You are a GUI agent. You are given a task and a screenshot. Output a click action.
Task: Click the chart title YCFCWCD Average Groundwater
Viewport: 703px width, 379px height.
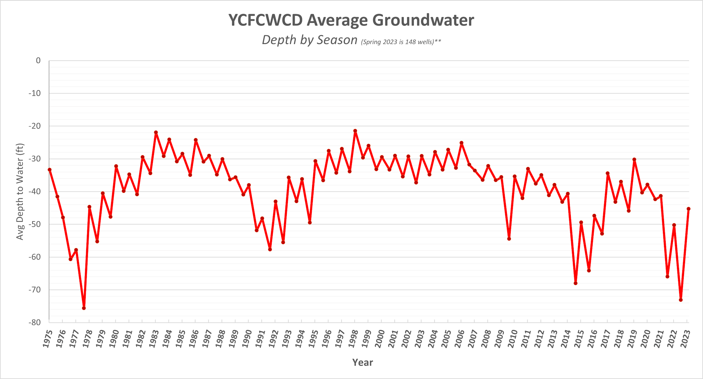351,20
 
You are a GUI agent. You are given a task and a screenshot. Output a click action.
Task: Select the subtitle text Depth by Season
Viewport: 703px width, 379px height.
309,40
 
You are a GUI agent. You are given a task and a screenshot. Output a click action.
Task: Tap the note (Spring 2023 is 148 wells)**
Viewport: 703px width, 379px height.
401,42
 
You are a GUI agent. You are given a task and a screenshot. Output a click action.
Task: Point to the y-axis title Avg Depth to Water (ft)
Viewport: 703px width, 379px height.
20,191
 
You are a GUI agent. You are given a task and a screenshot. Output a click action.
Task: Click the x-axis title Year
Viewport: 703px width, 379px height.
362,362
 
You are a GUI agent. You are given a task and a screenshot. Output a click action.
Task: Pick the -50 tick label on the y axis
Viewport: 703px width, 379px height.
35,224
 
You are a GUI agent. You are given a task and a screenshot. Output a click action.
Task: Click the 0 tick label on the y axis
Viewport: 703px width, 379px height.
38,60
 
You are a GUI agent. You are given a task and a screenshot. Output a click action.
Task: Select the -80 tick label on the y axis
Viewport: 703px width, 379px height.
35,322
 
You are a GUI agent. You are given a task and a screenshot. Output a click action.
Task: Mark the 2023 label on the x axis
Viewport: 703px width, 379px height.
685,339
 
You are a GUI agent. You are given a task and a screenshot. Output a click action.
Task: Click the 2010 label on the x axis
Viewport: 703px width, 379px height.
512,339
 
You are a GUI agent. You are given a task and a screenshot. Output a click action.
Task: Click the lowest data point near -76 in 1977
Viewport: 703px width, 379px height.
84,308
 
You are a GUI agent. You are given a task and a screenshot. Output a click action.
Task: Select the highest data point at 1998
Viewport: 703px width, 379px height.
355,131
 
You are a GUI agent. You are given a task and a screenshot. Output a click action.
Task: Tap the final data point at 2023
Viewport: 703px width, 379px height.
688,209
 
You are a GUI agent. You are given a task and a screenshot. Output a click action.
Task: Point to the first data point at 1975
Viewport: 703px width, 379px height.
50,170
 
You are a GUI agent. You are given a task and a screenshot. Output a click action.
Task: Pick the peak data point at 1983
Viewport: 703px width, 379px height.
156,132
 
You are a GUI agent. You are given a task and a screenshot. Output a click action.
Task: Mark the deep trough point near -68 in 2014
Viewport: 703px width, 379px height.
575,283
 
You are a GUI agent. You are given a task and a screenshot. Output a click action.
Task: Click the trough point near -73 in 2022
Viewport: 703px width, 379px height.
681,300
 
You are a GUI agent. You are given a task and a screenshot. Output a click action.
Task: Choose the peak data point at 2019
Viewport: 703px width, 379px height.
634,159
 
